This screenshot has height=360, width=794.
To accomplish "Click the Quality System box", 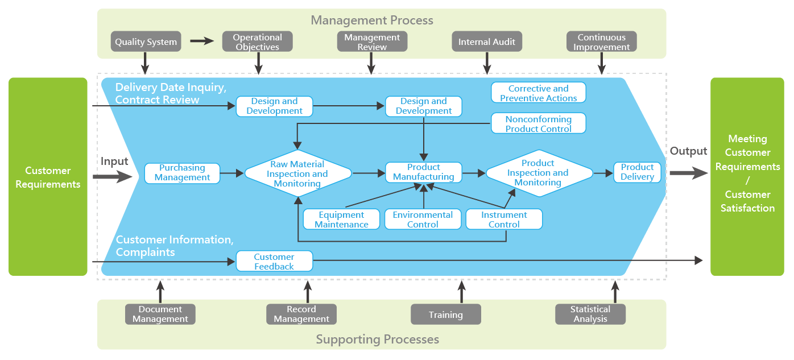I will tap(146, 42).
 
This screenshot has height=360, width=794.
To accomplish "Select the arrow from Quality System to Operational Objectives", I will tap(201, 41).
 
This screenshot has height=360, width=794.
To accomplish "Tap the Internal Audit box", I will tap(487, 42).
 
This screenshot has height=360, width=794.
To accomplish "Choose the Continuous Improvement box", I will tap(601, 42).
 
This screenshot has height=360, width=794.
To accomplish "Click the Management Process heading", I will tap(372, 20).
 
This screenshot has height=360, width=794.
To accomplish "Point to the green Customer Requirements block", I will tap(48, 177).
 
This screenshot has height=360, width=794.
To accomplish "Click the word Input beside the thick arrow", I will tap(115, 162).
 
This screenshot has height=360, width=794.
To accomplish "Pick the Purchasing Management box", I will tap(182, 172).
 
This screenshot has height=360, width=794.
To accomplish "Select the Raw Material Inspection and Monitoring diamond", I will tap(297, 173).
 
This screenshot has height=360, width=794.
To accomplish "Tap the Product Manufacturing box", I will tap(424, 172).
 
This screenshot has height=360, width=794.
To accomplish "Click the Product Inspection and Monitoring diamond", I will tap(538, 173).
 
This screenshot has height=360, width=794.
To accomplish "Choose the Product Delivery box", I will tap(637, 172).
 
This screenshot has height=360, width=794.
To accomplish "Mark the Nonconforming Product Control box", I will tap(538, 123).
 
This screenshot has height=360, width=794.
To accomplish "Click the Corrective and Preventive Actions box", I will tap(538, 93).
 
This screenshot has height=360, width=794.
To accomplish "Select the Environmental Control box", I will tap(423, 220).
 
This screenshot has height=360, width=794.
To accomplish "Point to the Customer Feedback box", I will tap(274, 262).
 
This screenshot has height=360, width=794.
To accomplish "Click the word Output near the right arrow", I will tap(688, 151).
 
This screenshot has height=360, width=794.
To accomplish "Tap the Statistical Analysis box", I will tap(590, 314).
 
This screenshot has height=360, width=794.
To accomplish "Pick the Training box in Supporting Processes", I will tap(446, 315).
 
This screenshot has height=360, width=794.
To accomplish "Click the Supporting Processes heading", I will tap(378, 340).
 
